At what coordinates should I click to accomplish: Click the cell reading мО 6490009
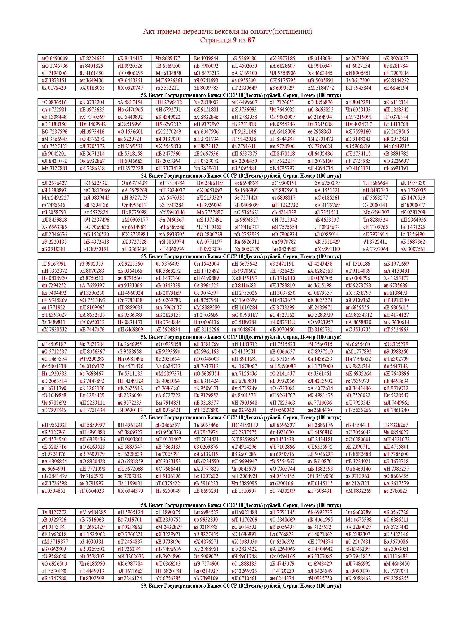[x=55, y=58]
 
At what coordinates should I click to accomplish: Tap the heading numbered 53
[x=241, y=95]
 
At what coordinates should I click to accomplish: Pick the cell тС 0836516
[x=54, y=102]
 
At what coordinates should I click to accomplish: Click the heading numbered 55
[x=241, y=256]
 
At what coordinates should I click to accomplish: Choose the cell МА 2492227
[x=56, y=197]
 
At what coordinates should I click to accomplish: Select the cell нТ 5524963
[x=396, y=329]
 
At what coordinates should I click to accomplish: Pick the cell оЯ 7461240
[x=396, y=410]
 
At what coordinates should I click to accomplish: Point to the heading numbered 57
[x=241, y=417]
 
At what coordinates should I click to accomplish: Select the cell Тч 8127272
[x=54, y=512]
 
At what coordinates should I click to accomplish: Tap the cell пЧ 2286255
[x=396, y=578]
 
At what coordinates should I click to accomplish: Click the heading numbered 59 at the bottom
[x=241, y=586]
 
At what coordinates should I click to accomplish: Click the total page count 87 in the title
[x=251, y=40]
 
